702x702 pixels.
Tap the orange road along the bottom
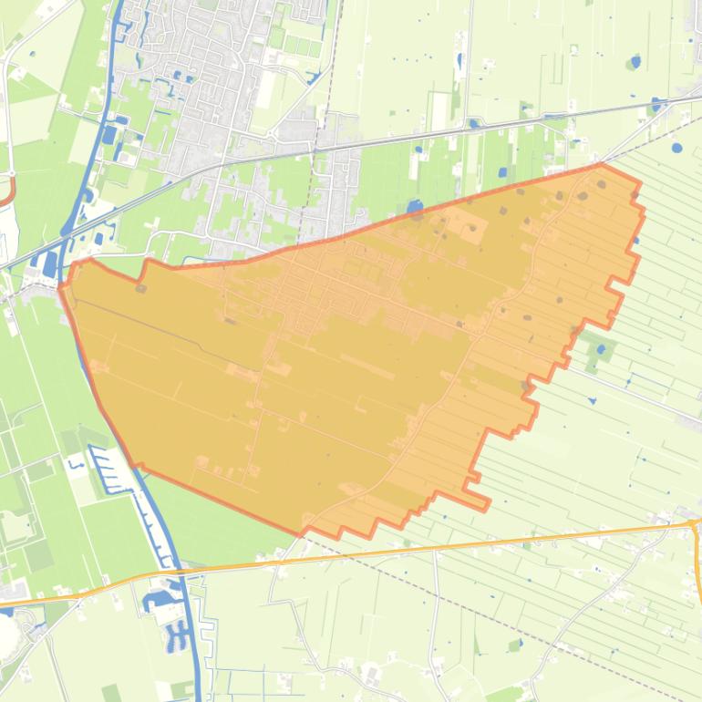(456, 546)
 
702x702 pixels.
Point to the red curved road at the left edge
(9, 191)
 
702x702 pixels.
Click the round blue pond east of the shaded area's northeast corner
(676, 147)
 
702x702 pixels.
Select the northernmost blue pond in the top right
(635, 62)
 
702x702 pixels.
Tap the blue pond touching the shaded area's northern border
(415, 209)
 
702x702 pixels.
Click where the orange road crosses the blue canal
(182, 572)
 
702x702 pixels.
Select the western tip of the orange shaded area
(61, 288)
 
